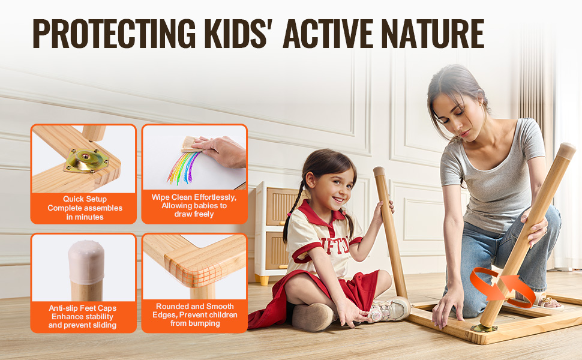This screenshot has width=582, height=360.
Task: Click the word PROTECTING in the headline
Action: click(114, 34)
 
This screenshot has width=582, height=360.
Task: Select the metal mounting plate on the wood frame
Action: click(87, 160)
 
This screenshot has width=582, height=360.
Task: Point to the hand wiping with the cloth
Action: click(221, 151)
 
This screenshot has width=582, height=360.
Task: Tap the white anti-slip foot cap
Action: click(86, 262)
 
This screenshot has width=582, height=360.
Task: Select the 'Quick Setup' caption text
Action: click(85, 199)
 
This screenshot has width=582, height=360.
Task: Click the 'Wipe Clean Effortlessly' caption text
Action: click(194, 197)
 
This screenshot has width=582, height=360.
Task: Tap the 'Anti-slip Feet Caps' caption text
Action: click(82, 308)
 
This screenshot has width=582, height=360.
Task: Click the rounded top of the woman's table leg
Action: click(566, 151)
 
